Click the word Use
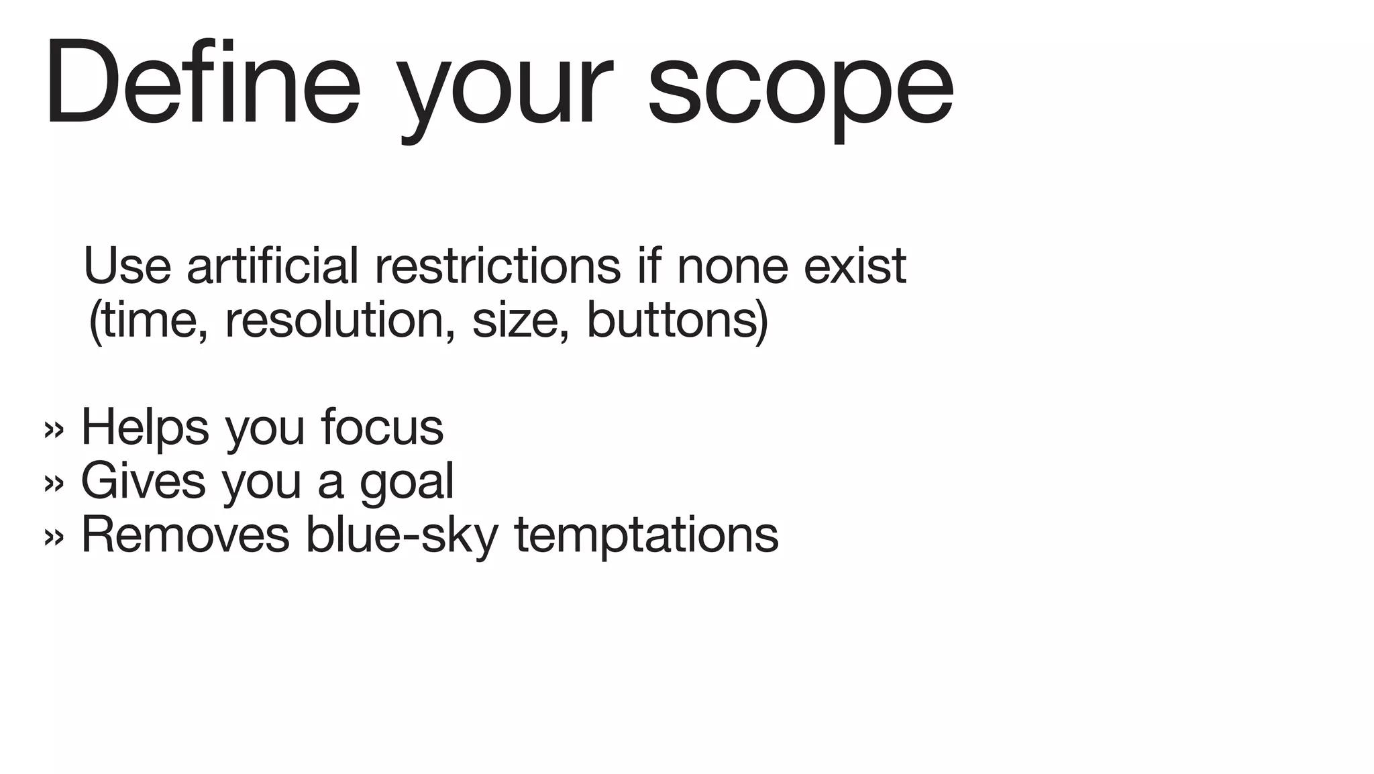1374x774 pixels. (x=127, y=266)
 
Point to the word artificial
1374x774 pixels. (x=272, y=266)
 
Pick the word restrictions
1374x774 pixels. (x=497, y=266)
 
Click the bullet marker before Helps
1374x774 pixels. (x=54, y=429)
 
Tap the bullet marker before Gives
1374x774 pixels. (x=54, y=483)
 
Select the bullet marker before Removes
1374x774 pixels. (x=54, y=537)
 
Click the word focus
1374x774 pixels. (x=382, y=427)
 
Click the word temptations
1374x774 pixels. (x=646, y=537)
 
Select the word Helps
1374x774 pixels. (x=145, y=427)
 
